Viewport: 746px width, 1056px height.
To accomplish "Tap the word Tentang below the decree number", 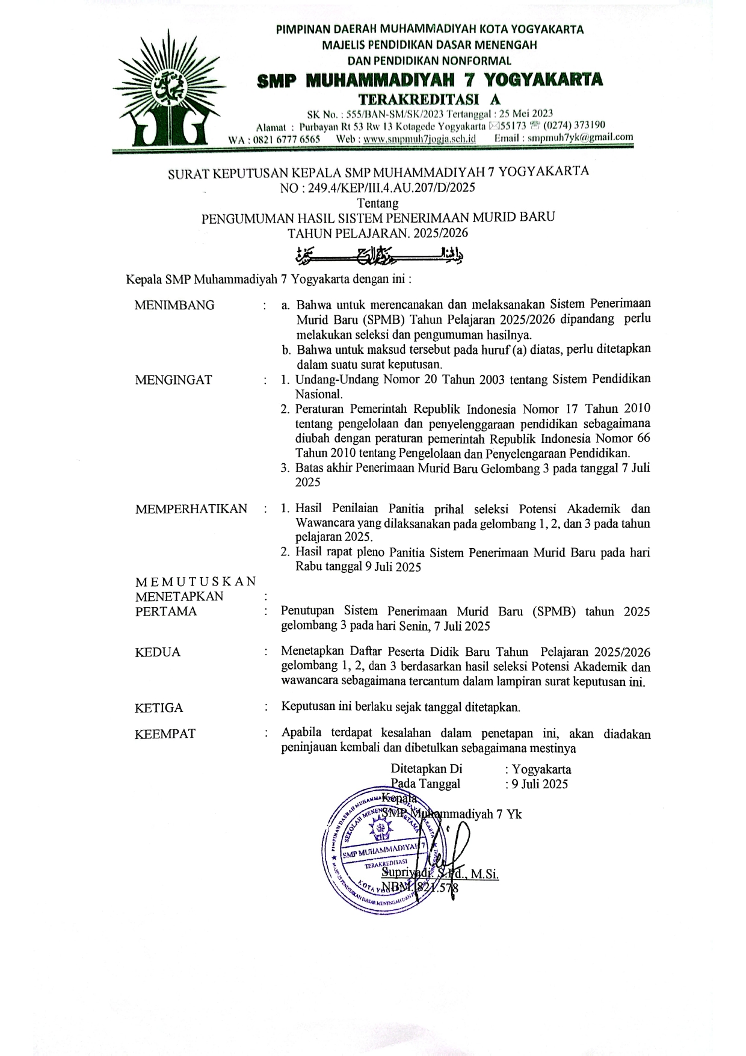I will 377,203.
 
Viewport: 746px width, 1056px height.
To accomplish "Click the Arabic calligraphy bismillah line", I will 379,256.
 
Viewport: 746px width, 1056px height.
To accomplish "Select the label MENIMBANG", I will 174,305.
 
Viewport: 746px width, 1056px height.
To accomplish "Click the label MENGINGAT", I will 173,380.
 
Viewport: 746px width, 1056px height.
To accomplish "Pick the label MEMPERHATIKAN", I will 191,509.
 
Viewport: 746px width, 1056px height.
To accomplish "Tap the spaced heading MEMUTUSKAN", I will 196,582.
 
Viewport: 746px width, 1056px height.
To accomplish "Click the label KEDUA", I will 158,652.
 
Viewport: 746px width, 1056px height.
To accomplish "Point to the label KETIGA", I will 159,708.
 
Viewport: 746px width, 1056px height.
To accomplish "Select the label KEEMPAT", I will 165,734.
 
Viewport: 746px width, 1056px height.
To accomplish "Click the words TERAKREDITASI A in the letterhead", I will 429,99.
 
